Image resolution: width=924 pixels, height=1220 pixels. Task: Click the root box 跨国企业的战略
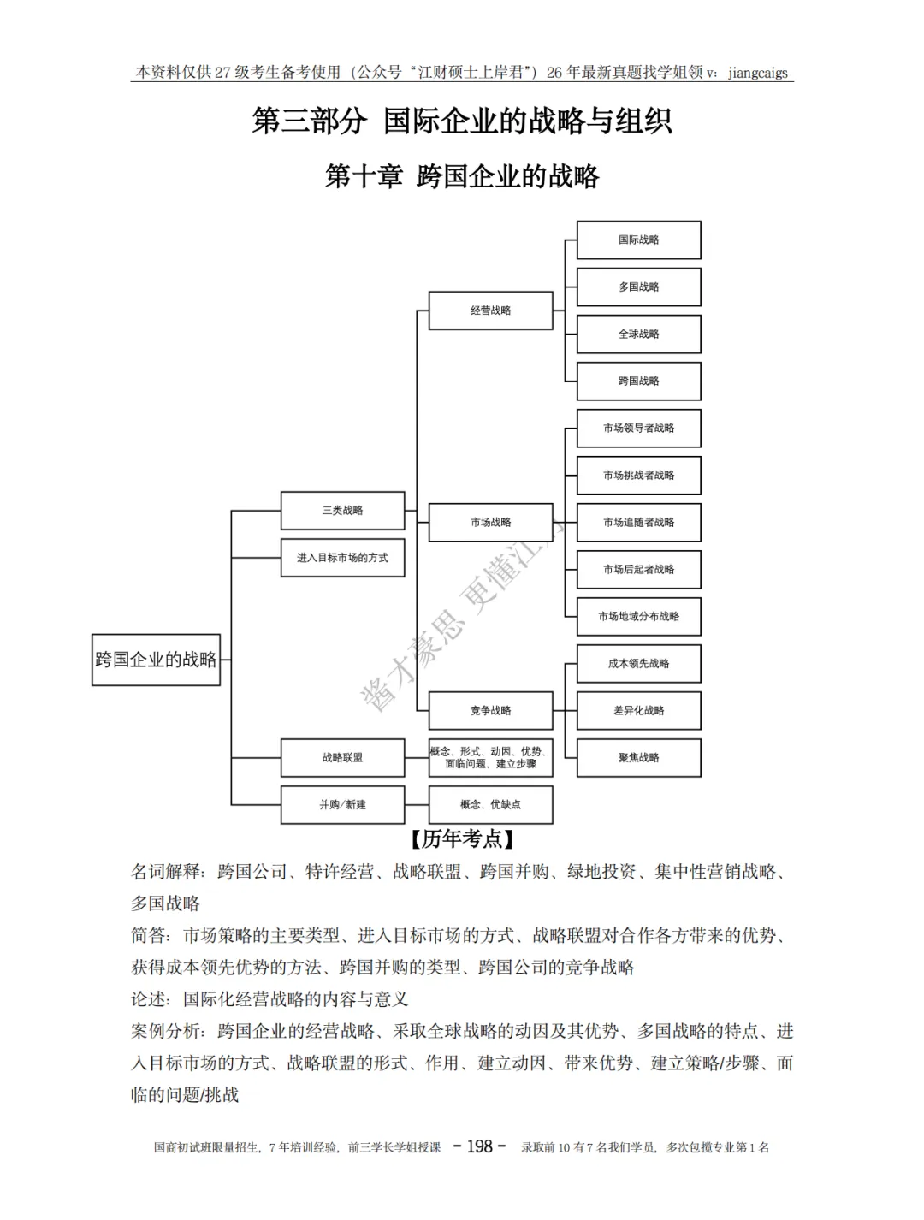pyautogui.click(x=156, y=660)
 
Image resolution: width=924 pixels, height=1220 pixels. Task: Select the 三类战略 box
pyautogui.click(x=342, y=511)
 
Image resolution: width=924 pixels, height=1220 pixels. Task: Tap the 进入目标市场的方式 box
pyautogui.click(x=342, y=558)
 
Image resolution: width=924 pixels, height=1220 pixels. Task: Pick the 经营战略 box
pyautogui.click(x=490, y=311)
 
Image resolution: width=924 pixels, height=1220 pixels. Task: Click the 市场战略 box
pyautogui.click(x=490, y=522)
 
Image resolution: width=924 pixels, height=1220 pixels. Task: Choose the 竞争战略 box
pyautogui.click(x=490, y=710)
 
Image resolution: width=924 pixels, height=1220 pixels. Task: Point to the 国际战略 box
pyautogui.click(x=638, y=240)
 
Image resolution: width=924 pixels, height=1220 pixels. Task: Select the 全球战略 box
pyautogui.click(x=638, y=335)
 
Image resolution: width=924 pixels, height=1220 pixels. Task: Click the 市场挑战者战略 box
pyautogui.click(x=638, y=476)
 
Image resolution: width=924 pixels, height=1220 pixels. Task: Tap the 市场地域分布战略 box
pyautogui.click(x=638, y=617)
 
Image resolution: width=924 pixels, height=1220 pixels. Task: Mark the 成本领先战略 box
pyautogui.click(x=638, y=664)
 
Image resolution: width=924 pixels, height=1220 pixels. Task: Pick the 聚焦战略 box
pyautogui.click(x=638, y=758)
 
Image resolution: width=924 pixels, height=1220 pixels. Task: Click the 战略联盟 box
pyautogui.click(x=342, y=758)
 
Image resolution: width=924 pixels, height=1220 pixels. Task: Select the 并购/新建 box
pyautogui.click(x=342, y=805)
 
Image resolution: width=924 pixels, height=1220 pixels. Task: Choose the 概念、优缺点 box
pyautogui.click(x=490, y=805)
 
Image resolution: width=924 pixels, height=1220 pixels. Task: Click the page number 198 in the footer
pyautogui.click(x=479, y=1146)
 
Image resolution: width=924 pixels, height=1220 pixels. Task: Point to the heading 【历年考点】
pyautogui.click(x=462, y=839)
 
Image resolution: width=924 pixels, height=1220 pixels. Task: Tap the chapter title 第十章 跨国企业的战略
pyautogui.click(x=462, y=177)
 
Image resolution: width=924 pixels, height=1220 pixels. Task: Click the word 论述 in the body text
pyautogui.click(x=148, y=999)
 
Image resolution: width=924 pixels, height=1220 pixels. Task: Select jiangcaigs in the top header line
pyautogui.click(x=757, y=73)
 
